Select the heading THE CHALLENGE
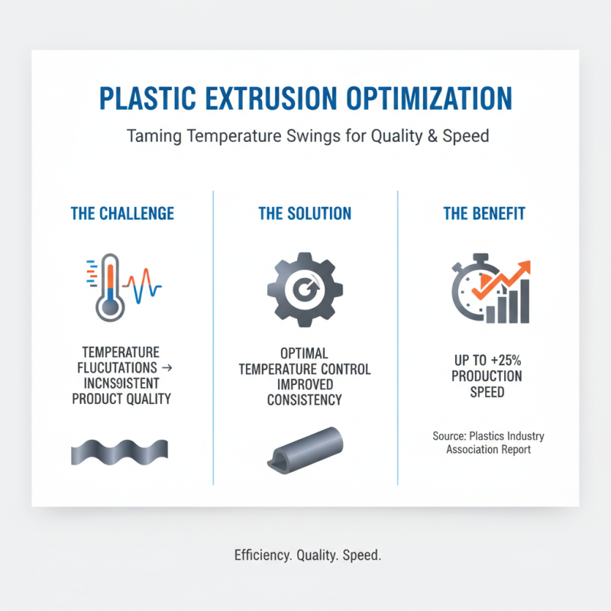coord(122,213)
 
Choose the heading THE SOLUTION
coord(305,213)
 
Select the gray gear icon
coord(305,287)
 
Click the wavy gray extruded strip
coord(119,452)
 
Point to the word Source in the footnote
coord(448,436)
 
